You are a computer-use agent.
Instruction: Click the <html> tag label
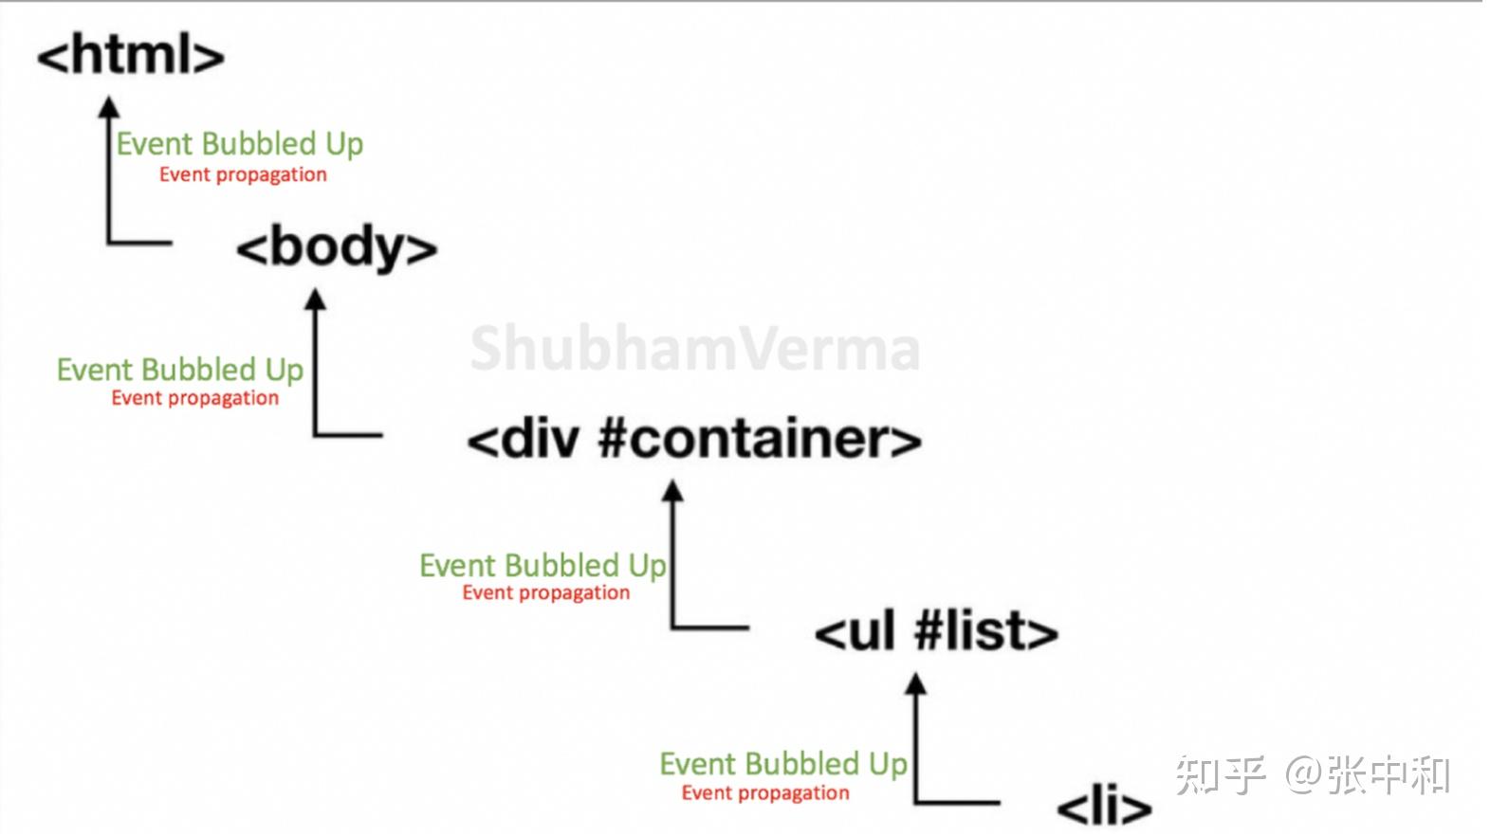click(x=130, y=55)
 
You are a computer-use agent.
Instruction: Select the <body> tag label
click(x=337, y=248)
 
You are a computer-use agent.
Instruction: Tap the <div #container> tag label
click(x=693, y=440)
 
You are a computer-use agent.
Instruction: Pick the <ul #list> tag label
click(x=935, y=632)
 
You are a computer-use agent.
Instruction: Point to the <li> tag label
click(x=1103, y=807)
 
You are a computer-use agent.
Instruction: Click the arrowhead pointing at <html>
click(x=110, y=107)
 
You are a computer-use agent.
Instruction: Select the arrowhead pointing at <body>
click(x=315, y=300)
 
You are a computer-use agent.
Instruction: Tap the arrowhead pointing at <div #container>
click(x=672, y=491)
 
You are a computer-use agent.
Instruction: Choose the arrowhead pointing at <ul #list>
click(x=915, y=683)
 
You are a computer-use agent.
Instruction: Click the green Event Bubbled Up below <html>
click(x=239, y=144)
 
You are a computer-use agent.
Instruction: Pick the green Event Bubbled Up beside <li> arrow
click(x=783, y=764)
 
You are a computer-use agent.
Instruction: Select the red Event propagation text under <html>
click(x=243, y=174)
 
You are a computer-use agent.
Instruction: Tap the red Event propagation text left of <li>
click(x=765, y=793)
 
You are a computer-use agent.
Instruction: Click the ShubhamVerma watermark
click(x=694, y=349)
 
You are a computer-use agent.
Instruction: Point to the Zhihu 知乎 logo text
click(x=1221, y=775)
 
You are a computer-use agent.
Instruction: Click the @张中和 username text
click(x=1368, y=775)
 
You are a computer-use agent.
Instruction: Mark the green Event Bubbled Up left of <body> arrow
click(x=180, y=370)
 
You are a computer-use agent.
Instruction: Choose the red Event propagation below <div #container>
click(x=545, y=593)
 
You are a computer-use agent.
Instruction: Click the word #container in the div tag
click(x=759, y=440)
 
